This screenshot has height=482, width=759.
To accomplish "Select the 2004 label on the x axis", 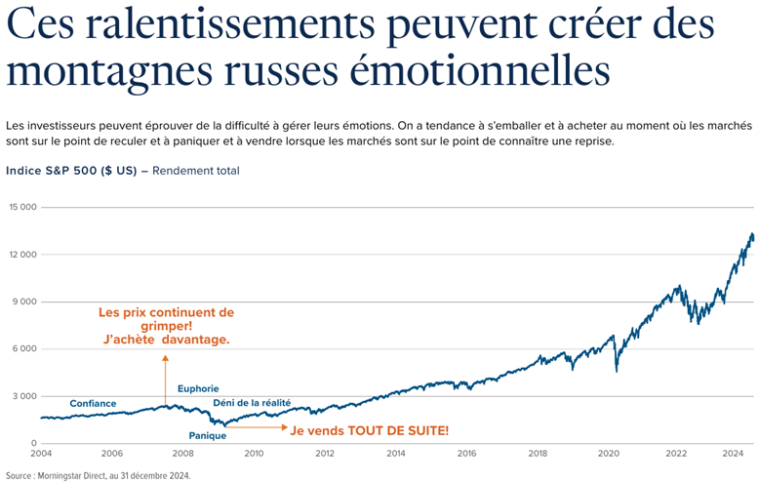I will pyautogui.click(x=41, y=454).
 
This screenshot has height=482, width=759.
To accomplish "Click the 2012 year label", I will pyautogui.click(x=325, y=454).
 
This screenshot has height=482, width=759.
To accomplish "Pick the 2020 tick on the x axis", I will pyautogui.click(x=609, y=454).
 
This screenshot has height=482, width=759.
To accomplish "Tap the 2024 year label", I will pyautogui.click(x=734, y=454).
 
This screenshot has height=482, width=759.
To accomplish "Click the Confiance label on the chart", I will pyautogui.click(x=93, y=404).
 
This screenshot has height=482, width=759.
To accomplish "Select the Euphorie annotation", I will pyautogui.click(x=198, y=389).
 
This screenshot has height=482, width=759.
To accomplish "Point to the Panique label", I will pyautogui.click(x=207, y=435).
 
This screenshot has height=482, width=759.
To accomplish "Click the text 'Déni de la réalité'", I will pyautogui.click(x=252, y=402).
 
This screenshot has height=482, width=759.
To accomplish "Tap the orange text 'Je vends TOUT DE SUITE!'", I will pyautogui.click(x=370, y=429).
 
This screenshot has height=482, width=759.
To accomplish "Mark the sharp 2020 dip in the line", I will pyautogui.click(x=616, y=370).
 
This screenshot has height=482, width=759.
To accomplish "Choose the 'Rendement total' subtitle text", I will pyautogui.click(x=196, y=171).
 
